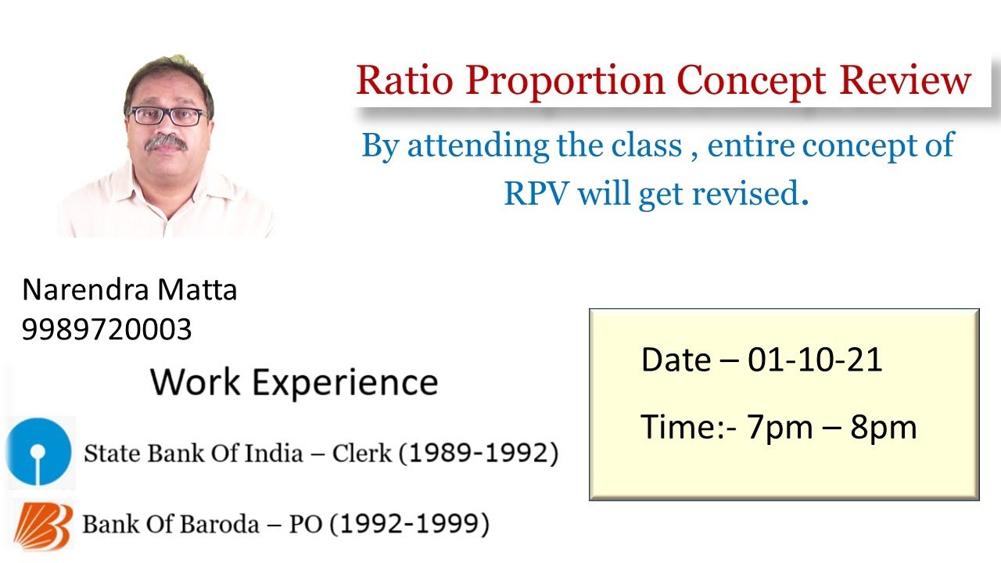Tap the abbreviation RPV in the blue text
[x=536, y=193]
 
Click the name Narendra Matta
[x=130, y=290]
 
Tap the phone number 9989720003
[x=106, y=330]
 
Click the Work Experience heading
[x=294, y=382]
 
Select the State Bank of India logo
[x=38, y=452]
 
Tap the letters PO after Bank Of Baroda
[x=307, y=524]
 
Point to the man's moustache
[x=167, y=142]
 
